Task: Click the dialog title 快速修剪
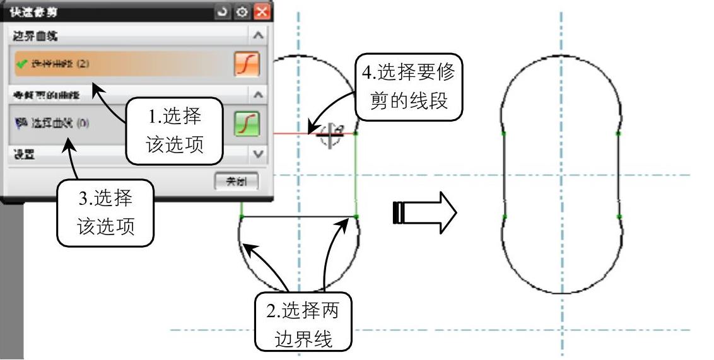tap(32, 11)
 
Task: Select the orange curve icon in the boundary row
tap(247, 64)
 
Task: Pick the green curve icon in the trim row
tap(247, 123)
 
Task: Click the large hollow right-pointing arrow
tap(424, 212)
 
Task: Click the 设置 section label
tap(25, 153)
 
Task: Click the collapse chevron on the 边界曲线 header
tap(257, 36)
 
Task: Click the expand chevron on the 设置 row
tap(257, 153)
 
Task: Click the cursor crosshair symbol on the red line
tap(329, 134)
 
